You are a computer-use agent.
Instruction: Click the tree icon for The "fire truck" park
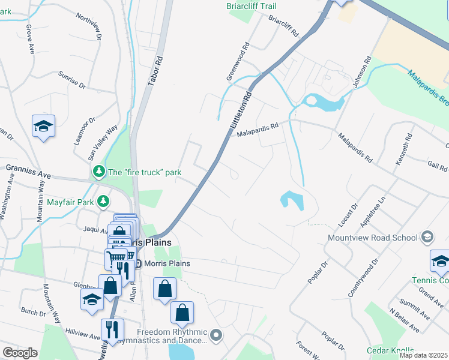[98, 172]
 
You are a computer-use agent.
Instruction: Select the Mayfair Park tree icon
[104, 202]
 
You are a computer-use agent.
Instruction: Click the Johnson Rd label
[363, 73]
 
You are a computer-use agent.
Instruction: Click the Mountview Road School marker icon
[427, 237]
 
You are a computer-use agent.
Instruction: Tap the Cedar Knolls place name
[390, 350]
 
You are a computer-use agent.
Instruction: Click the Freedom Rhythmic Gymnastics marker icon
[216, 335]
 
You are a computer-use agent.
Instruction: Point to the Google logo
[20, 353]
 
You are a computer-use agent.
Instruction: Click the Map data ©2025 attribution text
[423, 355]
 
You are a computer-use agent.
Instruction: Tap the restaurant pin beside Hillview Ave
[112, 329]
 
